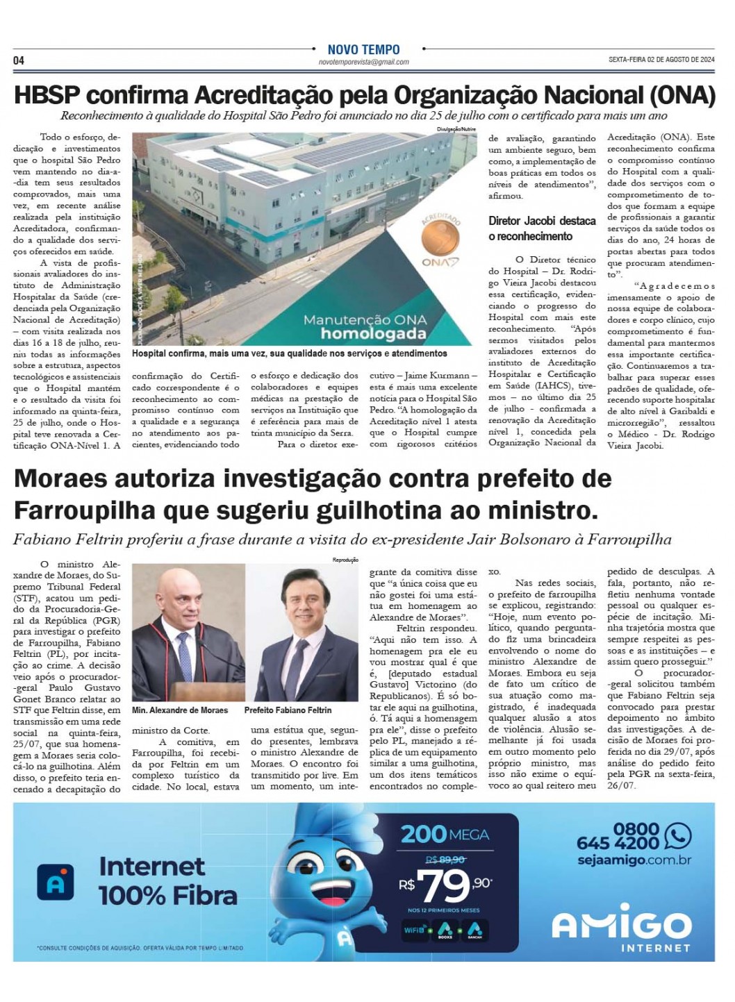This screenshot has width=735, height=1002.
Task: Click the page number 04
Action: (x=19, y=61)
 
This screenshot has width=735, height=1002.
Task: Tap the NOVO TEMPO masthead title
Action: (x=363, y=50)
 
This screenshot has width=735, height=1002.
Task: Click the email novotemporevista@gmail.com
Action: (x=363, y=62)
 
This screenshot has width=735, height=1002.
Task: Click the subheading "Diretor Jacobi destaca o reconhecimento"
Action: (x=542, y=228)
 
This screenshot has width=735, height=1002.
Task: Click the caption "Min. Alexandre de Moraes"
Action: (x=180, y=710)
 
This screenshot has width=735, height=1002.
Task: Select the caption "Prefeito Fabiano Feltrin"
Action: (x=288, y=710)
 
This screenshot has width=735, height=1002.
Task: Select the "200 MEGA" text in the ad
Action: (x=445, y=834)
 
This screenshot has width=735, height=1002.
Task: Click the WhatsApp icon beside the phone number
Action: (x=677, y=836)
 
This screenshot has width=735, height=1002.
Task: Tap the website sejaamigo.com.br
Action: (x=634, y=860)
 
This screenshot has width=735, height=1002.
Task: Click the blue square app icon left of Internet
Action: (x=56, y=882)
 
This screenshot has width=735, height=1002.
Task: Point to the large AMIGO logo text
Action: (x=621, y=925)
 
